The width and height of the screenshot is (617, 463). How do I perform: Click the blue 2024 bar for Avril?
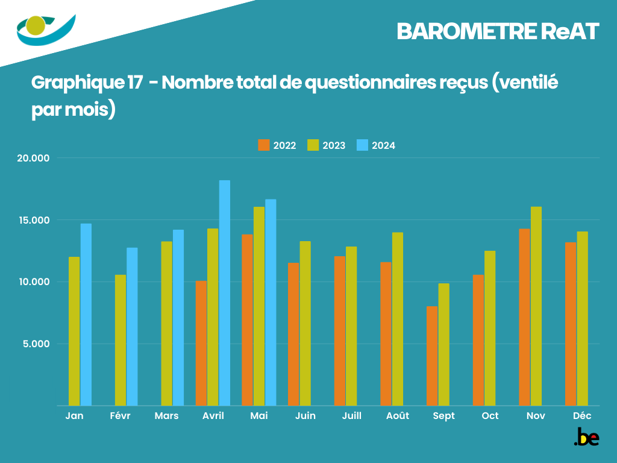[225, 293]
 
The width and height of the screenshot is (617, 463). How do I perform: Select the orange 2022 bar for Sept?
[432, 356]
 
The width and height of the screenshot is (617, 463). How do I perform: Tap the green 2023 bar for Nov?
[536, 306]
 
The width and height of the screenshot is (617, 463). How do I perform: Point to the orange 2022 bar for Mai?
[247, 320]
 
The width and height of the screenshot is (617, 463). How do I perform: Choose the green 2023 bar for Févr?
[121, 340]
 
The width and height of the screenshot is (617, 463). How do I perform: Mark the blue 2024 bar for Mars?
[178, 318]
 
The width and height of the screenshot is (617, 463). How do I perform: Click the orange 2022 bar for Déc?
[571, 324]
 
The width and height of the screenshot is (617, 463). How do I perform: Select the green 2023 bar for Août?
[398, 319]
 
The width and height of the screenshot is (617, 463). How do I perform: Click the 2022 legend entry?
[277, 145]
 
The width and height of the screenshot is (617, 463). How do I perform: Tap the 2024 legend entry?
[377, 145]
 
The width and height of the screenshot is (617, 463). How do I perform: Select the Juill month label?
[351, 416]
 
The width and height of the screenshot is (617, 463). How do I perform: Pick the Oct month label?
[490, 416]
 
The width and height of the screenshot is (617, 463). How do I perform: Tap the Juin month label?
[305, 416]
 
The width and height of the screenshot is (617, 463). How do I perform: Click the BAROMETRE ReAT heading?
[498, 32]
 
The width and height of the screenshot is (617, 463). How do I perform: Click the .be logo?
[586, 438]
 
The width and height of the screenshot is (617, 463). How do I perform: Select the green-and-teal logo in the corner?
[46, 29]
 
